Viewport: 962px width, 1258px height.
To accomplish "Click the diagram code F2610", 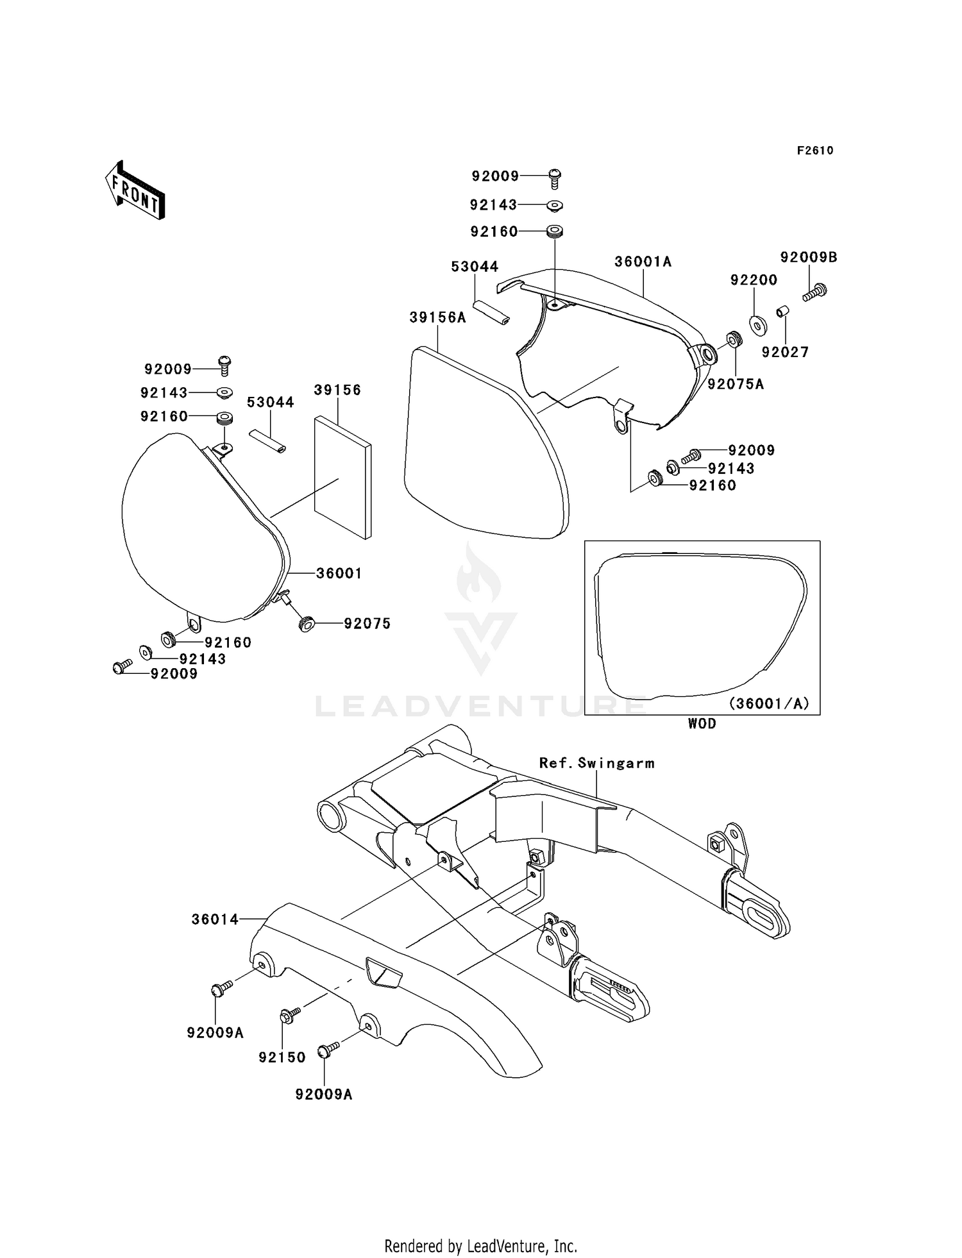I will pos(814,151).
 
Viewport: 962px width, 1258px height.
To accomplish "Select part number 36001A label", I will pos(643,262).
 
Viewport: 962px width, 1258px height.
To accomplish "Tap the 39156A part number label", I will pos(438,317).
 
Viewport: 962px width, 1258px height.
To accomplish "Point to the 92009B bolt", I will pos(815,292).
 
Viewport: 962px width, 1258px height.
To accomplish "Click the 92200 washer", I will pos(758,325).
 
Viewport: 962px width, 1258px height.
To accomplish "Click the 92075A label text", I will pos(736,384).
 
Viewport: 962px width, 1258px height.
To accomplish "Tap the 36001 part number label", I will pos(339,573).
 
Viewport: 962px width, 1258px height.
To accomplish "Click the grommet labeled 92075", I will pos(307,623).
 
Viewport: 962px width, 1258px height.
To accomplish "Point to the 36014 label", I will pos(215,919).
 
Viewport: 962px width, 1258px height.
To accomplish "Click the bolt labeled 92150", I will pos(289,1016).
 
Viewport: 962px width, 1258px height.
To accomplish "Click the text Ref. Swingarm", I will pos(596,763).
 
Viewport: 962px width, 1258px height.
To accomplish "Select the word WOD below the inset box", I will pos(702,723).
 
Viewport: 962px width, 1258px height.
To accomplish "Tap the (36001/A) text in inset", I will pos(769,703).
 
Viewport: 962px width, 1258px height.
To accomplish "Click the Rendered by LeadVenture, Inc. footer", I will pos(480,1246).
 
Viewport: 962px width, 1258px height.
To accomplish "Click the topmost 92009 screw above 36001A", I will pos(555,178).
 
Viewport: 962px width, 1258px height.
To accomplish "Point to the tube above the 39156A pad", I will pos(491,310).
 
